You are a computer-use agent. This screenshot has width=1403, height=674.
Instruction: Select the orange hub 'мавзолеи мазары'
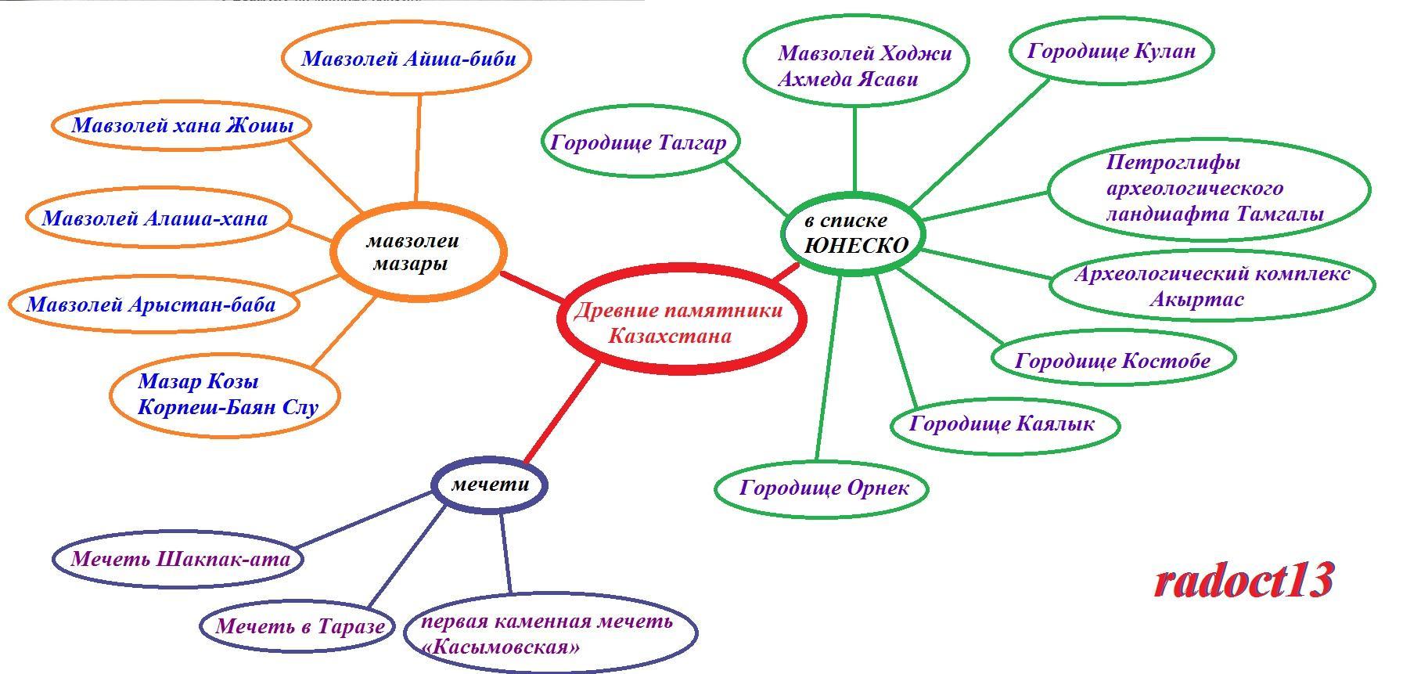point(418,252)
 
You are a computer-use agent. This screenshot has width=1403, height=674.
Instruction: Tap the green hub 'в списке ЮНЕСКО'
point(854,233)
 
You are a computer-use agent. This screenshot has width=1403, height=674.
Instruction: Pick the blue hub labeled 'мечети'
point(490,485)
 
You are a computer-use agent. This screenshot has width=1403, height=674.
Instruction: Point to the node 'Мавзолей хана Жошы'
point(182,125)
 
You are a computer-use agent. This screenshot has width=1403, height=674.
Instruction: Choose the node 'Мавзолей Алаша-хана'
point(156,218)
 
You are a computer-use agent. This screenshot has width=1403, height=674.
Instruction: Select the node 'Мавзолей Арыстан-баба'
point(153,304)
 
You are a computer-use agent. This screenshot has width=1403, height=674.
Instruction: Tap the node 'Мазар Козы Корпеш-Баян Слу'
point(226,395)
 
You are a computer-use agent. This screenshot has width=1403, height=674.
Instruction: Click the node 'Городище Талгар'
point(639,142)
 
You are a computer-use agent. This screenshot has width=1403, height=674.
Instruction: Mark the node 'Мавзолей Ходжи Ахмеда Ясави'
point(855,66)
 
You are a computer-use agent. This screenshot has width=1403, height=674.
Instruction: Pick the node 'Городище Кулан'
point(1111,51)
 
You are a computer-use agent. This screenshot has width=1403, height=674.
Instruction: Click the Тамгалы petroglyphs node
point(1209,189)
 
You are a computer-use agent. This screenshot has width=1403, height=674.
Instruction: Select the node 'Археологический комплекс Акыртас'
point(1211,286)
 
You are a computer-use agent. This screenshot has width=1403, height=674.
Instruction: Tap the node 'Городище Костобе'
point(1113,360)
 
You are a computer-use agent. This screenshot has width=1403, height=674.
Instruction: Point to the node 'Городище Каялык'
point(1004,424)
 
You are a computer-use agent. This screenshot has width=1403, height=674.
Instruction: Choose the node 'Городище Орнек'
point(823,488)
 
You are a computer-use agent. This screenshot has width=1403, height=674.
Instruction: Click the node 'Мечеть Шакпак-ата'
point(179,559)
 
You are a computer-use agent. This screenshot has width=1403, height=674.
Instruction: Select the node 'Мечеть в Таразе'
point(299,626)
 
